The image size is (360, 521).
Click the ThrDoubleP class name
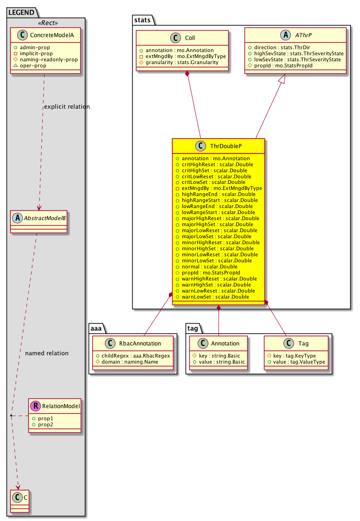[x=225, y=146]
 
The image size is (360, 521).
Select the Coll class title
[x=190, y=38]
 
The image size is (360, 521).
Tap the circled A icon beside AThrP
[x=286, y=35]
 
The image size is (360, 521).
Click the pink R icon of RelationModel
[x=35, y=406]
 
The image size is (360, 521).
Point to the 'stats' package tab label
[x=142, y=20]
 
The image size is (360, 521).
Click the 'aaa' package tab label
[x=96, y=329]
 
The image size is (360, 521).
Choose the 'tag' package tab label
[x=193, y=329]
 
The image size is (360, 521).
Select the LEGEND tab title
[x=21, y=13]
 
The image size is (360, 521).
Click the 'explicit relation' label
[x=67, y=107]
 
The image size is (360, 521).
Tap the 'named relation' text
[x=47, y=353]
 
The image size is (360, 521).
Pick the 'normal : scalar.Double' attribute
[x=210, y=267]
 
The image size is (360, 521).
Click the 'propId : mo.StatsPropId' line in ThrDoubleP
[x=211, y=273]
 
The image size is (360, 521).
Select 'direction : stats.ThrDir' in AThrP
[x=282, y=47]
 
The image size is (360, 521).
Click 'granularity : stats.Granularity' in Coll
[x=182, y=63]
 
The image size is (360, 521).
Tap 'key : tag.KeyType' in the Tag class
[x=295, y=356]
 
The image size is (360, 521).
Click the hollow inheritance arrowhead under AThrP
[x=282, y=78]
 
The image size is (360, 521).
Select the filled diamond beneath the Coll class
[x=187, y=74]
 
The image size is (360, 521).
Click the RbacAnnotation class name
[x=140, y=344]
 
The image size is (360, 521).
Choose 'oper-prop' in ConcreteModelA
[x=33, y=66]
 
